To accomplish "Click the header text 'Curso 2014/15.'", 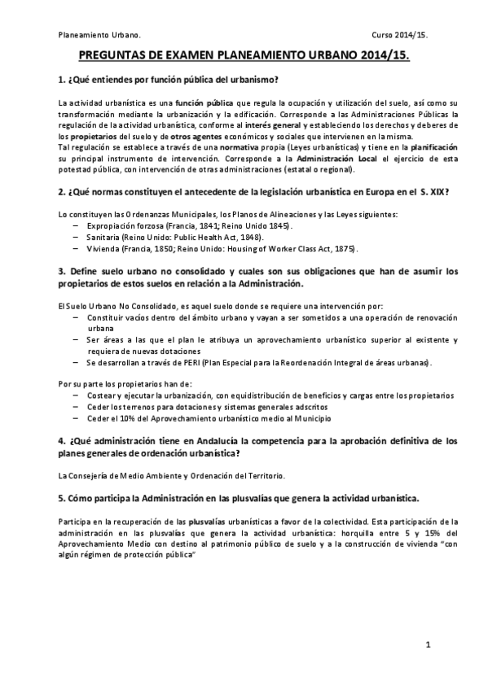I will point(400,36).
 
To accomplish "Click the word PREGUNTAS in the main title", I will point(110,58).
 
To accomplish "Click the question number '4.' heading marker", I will point(62,440).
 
